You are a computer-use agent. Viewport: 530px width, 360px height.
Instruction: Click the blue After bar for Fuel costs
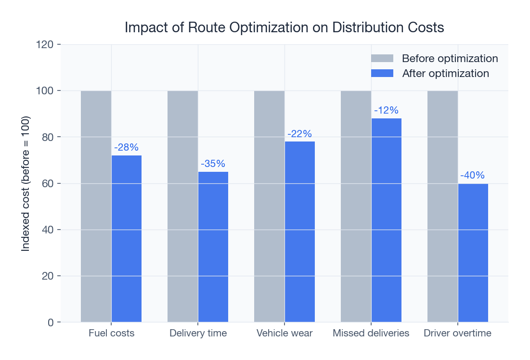click(x=127, y=238)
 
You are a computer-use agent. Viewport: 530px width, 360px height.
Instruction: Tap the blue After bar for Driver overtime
click(x=473, y=253)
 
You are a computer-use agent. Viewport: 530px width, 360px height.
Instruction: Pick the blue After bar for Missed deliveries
click(x=386, y=220)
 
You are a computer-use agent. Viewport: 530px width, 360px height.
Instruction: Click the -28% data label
click(x=127, y=148)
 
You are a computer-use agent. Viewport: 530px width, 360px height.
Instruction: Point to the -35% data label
click(x=213, y=164)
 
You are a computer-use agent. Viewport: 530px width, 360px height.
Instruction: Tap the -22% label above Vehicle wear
click(x=299, y=134)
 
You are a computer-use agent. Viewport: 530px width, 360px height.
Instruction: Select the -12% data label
click(x=386, y=110)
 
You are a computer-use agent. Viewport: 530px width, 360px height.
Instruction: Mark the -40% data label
click(x=473, y=175)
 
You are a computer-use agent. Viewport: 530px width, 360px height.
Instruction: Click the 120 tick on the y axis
click(x=44, y=45)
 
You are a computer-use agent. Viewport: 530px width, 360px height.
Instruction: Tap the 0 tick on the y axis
click(x=50, y=322)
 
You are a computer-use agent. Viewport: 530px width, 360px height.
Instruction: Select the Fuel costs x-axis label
click(x=111, y=333)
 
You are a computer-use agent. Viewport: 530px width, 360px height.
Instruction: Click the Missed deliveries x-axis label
click(x=371, y=333)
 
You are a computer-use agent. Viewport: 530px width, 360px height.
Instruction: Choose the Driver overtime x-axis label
click(x=457, y=333)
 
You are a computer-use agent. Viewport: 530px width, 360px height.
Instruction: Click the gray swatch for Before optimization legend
click(x=382, y=59)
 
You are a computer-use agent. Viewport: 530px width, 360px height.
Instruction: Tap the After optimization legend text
click(x=445, y=74)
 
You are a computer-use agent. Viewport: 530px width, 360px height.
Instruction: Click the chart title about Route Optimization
click(x=284, y=27)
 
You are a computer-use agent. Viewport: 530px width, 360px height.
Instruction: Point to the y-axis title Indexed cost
click(x=26, y=183)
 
